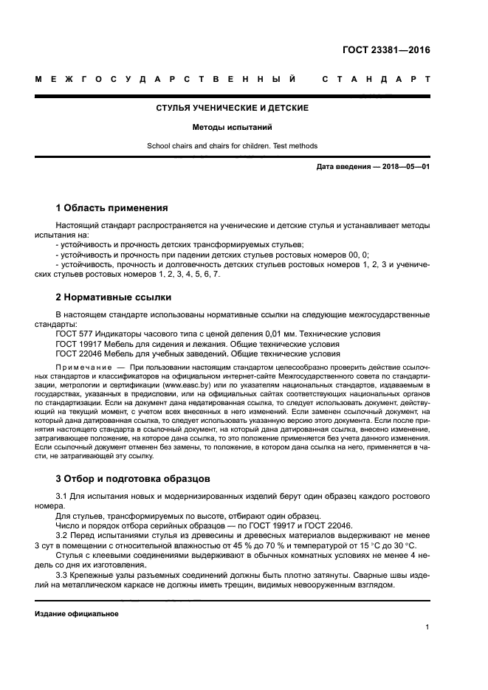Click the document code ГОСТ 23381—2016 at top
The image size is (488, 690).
[386, 51]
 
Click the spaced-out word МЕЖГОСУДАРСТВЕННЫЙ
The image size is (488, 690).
[166, 78]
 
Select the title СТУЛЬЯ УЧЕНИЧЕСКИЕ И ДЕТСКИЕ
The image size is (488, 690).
[232, 108]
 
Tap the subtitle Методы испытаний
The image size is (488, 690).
[232, 127]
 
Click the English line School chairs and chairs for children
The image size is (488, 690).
[232, 145]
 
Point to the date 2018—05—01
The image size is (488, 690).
[403, 167]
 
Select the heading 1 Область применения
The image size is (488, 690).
[111, 207]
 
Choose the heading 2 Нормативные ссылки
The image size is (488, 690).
[114, 297]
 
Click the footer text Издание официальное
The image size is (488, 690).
[77, 613]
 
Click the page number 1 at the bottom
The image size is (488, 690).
[427, 627]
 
